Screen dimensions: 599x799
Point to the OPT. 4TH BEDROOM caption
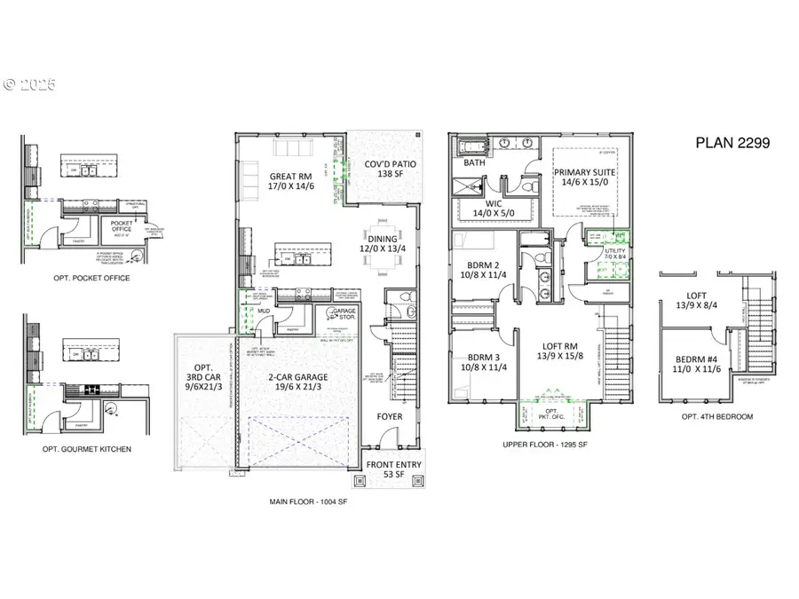[x=716, y=416]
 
